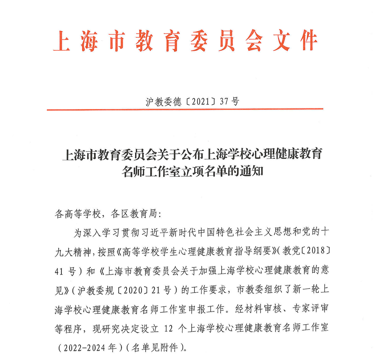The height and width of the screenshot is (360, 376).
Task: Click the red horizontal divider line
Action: click(x=185, y=109)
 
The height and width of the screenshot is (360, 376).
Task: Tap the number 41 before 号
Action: click(x=61, y=270)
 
